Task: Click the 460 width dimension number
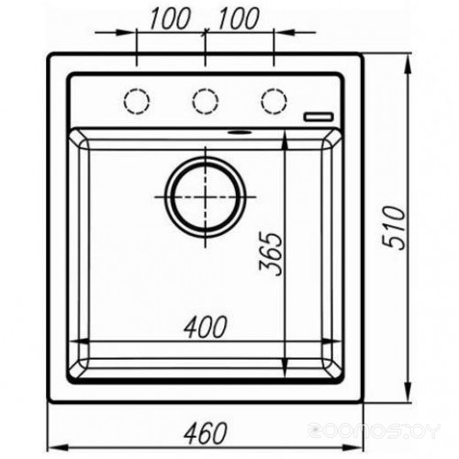[x=206, y=433]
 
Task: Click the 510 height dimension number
[x=394, y=228]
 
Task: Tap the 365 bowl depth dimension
[x=270, y=254]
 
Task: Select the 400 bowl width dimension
[x=206, y=327]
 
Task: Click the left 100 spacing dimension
[x=170, y=18]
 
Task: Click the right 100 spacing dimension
[x=239, y=18]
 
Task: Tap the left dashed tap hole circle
[x=137, y=101]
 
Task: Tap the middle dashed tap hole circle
[x=206, y=101]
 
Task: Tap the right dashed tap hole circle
[x=274, y=101]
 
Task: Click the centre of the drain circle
[x=206, y=196]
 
